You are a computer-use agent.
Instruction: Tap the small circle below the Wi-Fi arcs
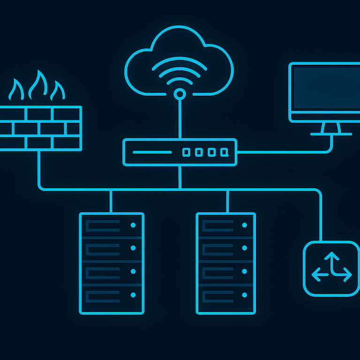[180, 94]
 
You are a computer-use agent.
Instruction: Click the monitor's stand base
[331, 134]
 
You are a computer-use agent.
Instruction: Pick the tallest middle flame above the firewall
[38, 85]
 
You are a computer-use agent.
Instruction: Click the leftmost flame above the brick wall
[17, 90]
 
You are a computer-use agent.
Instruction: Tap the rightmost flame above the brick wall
[58, 91]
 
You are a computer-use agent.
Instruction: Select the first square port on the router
[186, 152]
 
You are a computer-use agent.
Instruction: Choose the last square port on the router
[225, 152]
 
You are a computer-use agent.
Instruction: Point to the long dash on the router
[152, 152]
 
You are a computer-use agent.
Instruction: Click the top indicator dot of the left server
[133, 225]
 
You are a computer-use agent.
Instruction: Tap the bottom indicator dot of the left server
[133, 295]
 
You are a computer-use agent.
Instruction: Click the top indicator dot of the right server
[244, 225]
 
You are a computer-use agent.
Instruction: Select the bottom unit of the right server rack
[226, 296]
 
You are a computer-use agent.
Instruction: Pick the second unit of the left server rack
[112, 248]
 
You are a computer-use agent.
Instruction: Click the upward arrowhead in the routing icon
[331, 256]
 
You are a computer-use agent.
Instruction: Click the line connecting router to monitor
[281, 152]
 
